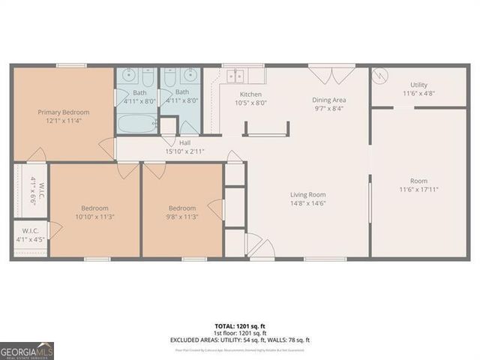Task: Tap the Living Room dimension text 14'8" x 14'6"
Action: click(308, 203)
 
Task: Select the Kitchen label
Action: click(250, 94)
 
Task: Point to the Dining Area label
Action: click(330, 99)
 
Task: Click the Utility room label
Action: click(418, 85)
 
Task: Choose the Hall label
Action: click(184, 142)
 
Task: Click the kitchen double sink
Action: click(236, 75)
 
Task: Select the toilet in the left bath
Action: click(147, 76)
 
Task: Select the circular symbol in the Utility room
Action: click(380, 76)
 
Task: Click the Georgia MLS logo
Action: click(27, 350)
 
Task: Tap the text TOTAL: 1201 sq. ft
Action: click(240, 326)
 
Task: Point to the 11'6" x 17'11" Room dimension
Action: click(418, 190)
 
